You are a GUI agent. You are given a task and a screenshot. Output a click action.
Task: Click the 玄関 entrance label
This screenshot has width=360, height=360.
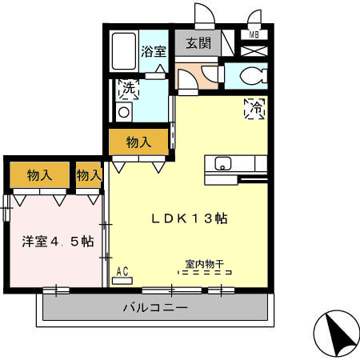click(x=198, y=45)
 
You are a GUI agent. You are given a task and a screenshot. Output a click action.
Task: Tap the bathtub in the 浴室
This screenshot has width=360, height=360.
click(x=124, y=53)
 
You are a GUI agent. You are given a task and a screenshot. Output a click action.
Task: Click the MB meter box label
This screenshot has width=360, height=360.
click(x=254, y=35)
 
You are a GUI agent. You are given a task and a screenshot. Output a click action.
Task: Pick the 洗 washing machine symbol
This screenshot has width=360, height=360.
click(x=128, y=89)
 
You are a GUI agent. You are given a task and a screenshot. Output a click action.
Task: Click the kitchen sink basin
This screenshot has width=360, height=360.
click(x=223, y=164)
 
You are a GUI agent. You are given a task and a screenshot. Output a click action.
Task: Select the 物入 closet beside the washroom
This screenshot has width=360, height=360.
click(x=139, y=143)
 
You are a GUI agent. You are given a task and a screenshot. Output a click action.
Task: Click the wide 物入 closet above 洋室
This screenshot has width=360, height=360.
click(x=39, y=175)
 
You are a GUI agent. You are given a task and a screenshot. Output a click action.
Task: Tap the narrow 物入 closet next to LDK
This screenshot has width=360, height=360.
click(x=89, y=175)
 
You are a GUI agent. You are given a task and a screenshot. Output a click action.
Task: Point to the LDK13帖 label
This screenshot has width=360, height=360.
click(x=189, y=218)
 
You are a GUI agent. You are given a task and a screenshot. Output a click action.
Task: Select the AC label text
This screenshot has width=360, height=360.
click(x=122, y=271)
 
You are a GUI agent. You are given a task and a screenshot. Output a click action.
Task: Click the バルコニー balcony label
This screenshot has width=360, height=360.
click(x=156, y=306)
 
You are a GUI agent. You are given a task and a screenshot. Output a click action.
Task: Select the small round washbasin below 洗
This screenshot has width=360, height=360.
click(x=123, y=112)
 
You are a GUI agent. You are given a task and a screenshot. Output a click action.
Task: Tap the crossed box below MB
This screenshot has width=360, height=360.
click(x=254, y=50)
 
